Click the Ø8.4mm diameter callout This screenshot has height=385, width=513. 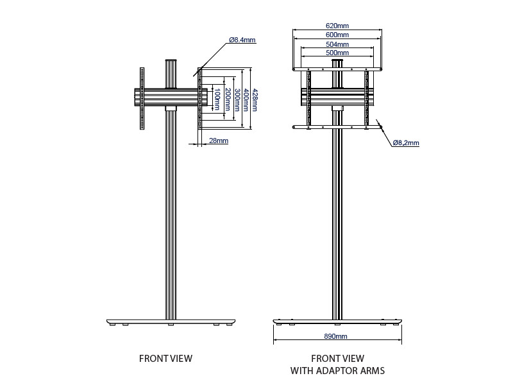pyautogui.click(x=242, y=40)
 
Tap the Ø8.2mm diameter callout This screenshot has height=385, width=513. pyautogui.click(x=406, y=142)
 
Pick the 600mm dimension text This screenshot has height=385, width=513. pyautogui.click(x=337, y=35)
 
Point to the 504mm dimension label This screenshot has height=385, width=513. pyautogui.click(x=337, y=44)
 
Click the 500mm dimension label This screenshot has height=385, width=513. pyautogui.click(x=337, y=53)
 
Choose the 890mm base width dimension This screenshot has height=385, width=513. pyautogui.click(x=337, y=336)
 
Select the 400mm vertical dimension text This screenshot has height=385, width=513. pyautogui.click(x=245, y=99)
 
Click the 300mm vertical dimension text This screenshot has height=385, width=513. pyautogui.click(x=236, y=99)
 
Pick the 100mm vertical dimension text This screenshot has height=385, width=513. pyautogui.click(x=217, y=100)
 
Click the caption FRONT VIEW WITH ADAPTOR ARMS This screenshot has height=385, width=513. pyautogui.click(x=337, y=364)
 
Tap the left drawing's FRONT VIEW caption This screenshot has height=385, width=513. pyautogui.click(x=165, y=358)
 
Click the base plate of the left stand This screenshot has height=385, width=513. pyautogui.click(x=171, y=321)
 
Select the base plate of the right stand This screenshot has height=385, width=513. pyautogui.click(x=337, y=320)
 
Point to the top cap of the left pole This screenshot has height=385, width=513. pyautogui.click(x=171, y=62)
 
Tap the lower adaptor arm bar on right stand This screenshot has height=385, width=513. pyautogui.click(x=337, y=126)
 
